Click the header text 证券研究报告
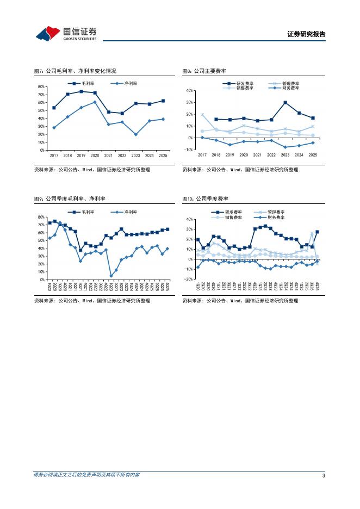pos(306,34)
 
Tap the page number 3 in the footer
pos(324,475)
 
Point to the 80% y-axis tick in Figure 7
pos(41,87)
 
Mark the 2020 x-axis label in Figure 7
pos(95,155)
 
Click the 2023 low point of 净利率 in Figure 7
pos(135,134)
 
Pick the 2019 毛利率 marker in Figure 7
pos(81,91)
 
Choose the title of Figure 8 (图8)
pos(204,71)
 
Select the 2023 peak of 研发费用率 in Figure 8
pos(285,102)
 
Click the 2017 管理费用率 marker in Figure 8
pos(202,115)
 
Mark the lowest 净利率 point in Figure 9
pos(111,276)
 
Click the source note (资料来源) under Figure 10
pos(240,300)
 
